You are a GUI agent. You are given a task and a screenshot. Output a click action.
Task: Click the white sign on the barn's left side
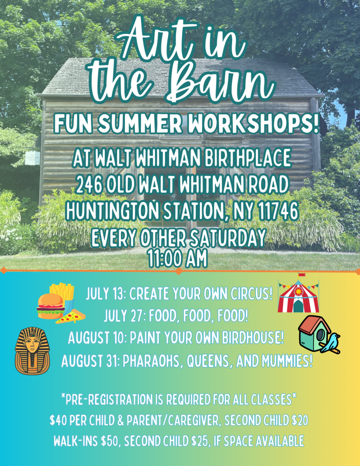point(32,158)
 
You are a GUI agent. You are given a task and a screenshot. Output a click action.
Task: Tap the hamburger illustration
point(51,306)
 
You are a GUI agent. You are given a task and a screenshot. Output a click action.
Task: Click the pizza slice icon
point(71,316)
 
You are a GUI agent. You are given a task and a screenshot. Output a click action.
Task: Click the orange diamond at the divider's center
point(179,271)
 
